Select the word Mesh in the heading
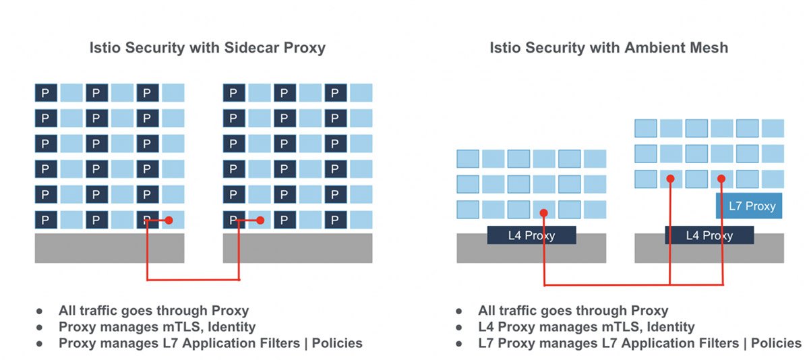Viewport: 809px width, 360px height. tap(708, 48)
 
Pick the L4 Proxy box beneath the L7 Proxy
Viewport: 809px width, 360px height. tap(709, 235)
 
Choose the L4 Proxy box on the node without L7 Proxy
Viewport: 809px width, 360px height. tap(531, 235)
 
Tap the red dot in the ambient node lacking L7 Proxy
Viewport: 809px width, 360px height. tap(543, 213)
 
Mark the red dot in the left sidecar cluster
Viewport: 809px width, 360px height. tap(169, 220)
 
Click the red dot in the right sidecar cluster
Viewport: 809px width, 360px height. tap(260, 220)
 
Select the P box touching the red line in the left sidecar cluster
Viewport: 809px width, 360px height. tap(148, 220)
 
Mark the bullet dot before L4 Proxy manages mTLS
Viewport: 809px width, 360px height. tap(459, 328)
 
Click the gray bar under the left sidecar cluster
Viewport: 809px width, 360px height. tap(109, 248)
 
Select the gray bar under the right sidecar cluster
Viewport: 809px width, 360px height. tap(297, 248)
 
